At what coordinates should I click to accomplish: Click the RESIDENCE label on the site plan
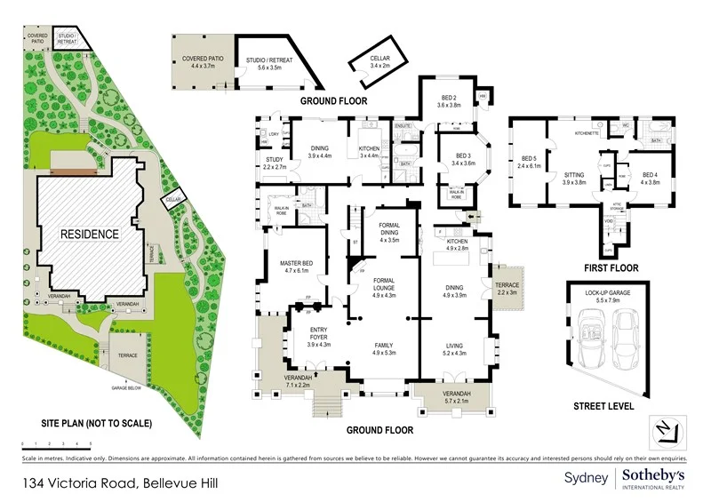[x=89, y=234]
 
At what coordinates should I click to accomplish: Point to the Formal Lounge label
[x=388, y=289]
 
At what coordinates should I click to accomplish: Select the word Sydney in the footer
[x=587, y=478]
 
